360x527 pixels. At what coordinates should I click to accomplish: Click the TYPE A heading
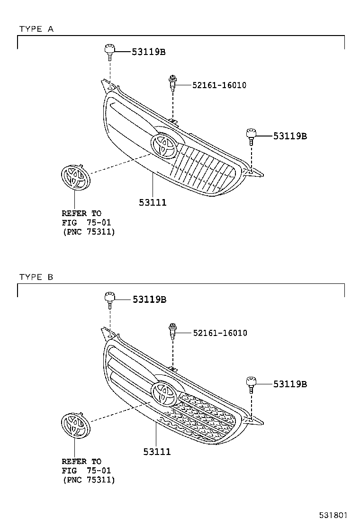pyautogui.click(x=36, y=29)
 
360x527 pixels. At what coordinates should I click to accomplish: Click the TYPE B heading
pyautogui.click(x=36, y=277)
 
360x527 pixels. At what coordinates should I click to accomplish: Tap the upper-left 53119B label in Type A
pyautogui.click(x=148, y=52)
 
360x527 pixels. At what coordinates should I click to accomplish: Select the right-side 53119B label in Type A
pyautogui.click(x=290, y=136)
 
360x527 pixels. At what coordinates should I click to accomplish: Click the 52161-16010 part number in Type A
pyautogui.click(x=219, y=85)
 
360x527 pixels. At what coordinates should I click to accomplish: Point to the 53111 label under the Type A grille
pyautogui.click(x=153, y=202)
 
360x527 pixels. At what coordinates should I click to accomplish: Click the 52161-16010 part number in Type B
pyautogui.click(x=220, y=333)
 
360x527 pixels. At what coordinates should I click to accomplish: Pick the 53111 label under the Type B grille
pyautogui.click(x=157, y=452)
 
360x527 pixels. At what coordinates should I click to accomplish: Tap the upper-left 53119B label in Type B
pyautogui.click(x=149, y=299)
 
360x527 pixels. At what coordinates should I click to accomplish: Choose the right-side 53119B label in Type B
pyautogui.click(x=290, y=384)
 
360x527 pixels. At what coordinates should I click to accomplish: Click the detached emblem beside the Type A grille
pyautogui.click(x=76, y=177)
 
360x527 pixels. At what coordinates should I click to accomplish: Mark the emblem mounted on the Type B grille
pyautogui.click(x=164, y=394)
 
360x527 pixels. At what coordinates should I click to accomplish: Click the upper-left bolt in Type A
pyautogui.click(x=109, y=52)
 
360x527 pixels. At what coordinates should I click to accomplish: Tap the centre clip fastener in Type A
pyautogui.click(x=172, y=84)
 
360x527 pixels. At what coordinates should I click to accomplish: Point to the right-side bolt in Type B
pyautogui.click(x=251, y=384)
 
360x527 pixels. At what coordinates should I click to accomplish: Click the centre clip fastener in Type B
pyautogui.click(x=172, y=332)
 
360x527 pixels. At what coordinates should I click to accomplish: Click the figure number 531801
pyautogui.click(x=333, y=515)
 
